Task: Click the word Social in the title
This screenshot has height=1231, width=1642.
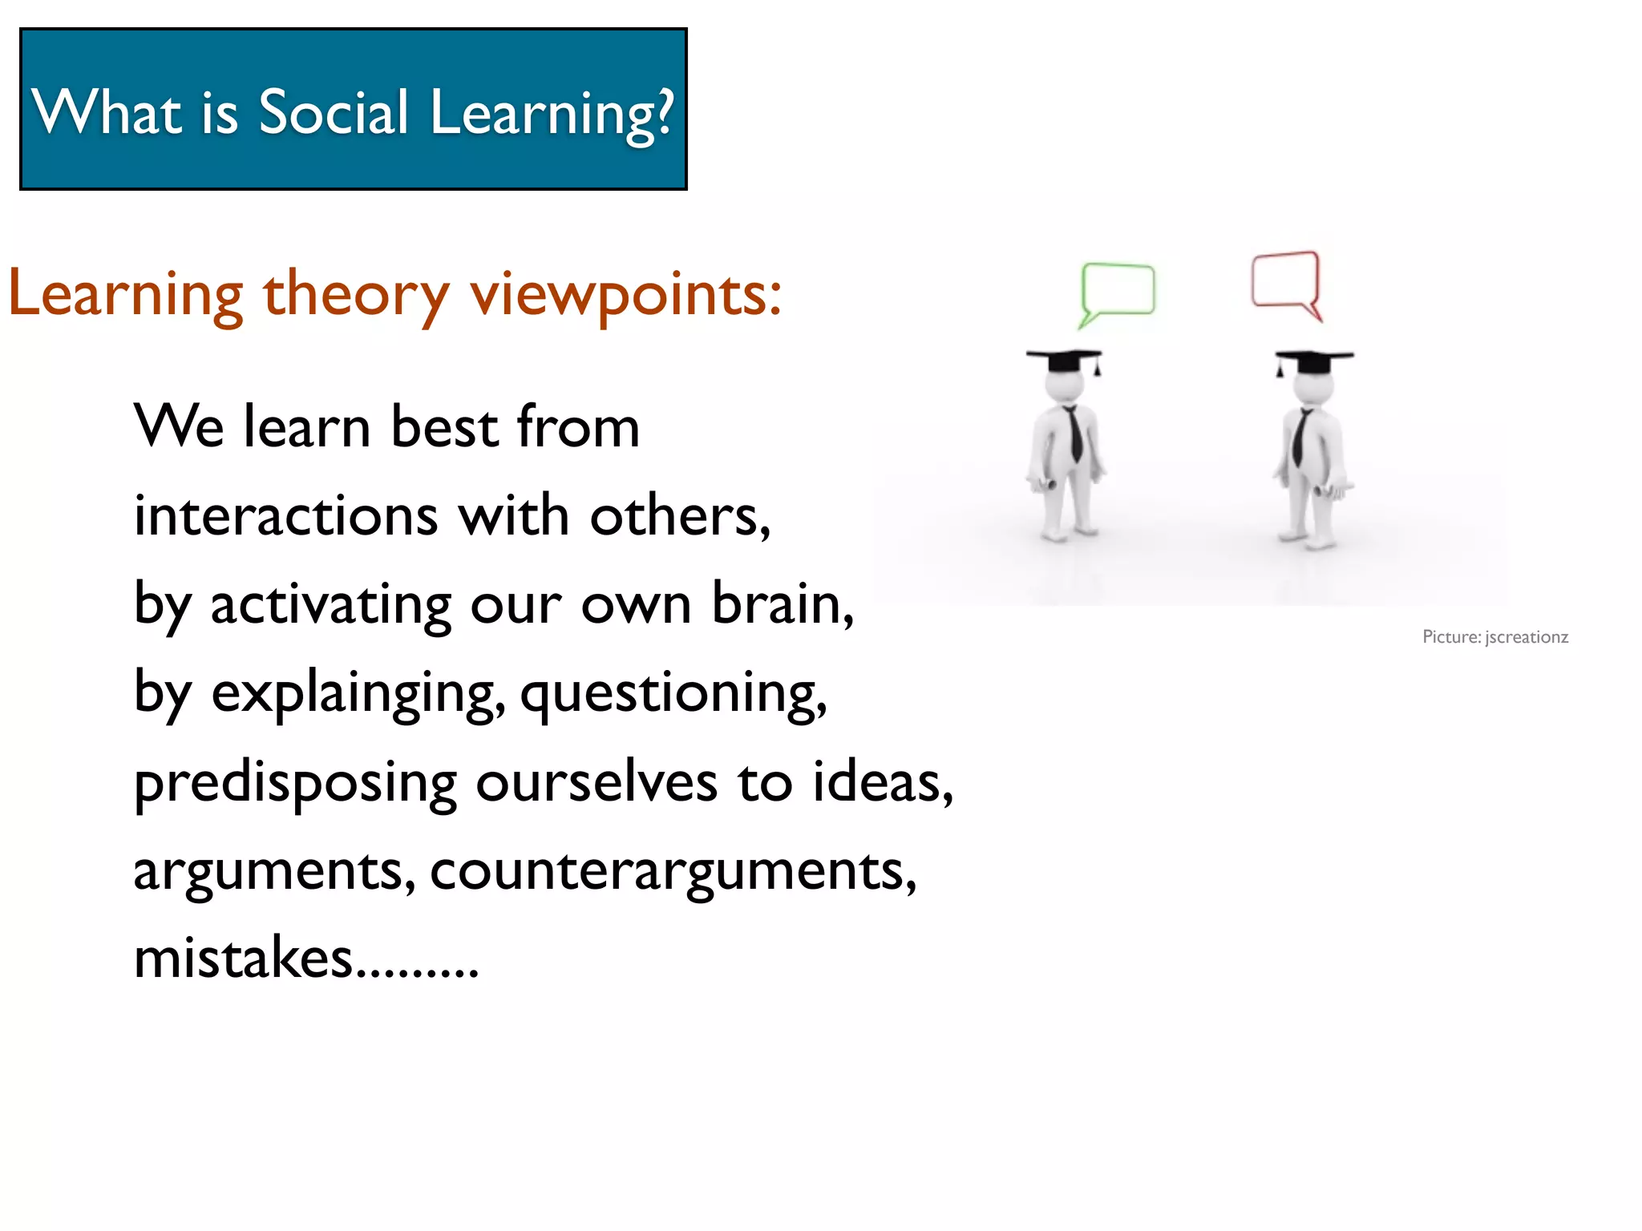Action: point(334,112)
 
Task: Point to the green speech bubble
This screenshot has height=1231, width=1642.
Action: point(1118,289)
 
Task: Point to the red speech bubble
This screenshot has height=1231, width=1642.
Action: point(1285,280)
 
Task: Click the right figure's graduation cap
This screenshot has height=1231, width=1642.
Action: point(1313,360)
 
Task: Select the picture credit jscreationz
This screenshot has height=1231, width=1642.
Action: point(1526,637)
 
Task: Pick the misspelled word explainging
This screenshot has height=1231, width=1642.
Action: point(358,692)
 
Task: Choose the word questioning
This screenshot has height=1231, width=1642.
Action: point(673,692)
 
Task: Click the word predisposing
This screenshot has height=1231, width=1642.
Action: point(295,782)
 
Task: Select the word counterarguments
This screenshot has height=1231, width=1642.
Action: point(672,870)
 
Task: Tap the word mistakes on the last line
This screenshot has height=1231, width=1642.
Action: point(243,957)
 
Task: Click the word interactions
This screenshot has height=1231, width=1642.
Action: point(285,515)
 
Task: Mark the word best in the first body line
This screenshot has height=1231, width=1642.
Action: point(445,426)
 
